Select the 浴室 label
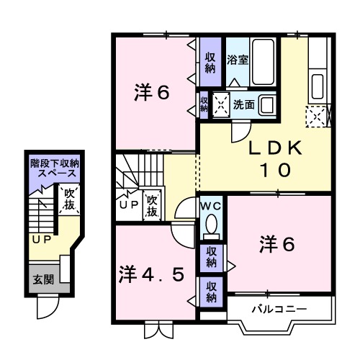tap(238, 59)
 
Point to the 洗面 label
tap(243, 104)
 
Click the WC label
tap(211, 206)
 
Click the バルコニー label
tap(279, 310)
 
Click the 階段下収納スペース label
tap(54, 169)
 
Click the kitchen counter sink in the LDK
tap(318, 85)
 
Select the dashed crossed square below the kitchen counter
tap(316, 114)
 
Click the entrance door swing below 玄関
tap(48, 307)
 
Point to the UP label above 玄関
tap(39, 238)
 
